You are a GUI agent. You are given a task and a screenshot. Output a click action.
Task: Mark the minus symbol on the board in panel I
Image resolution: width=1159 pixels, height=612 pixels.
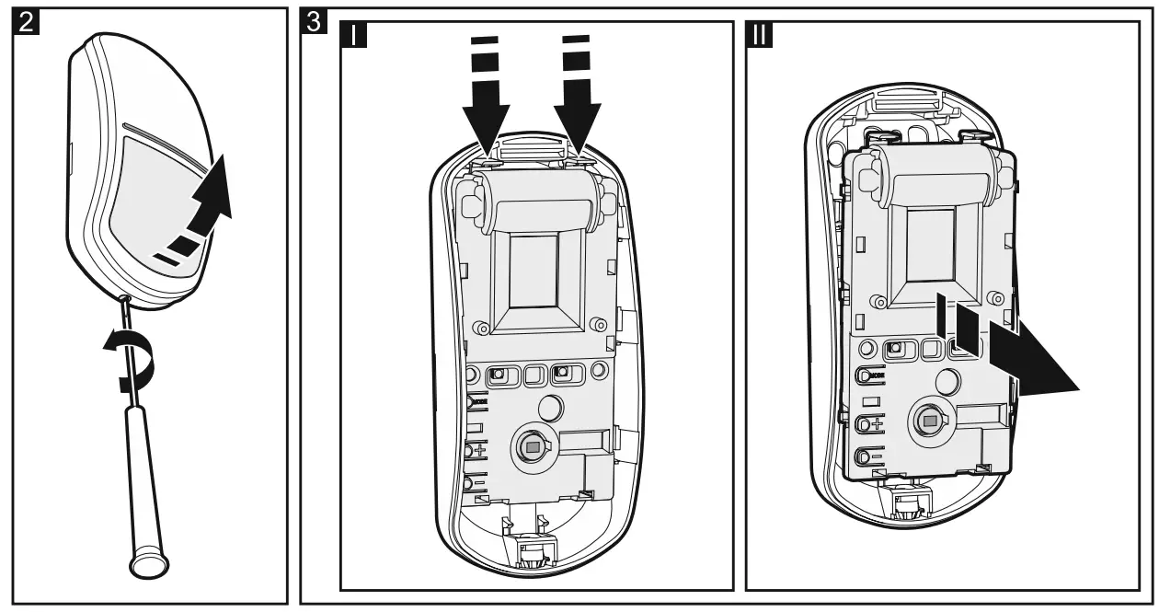click(481, 483)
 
